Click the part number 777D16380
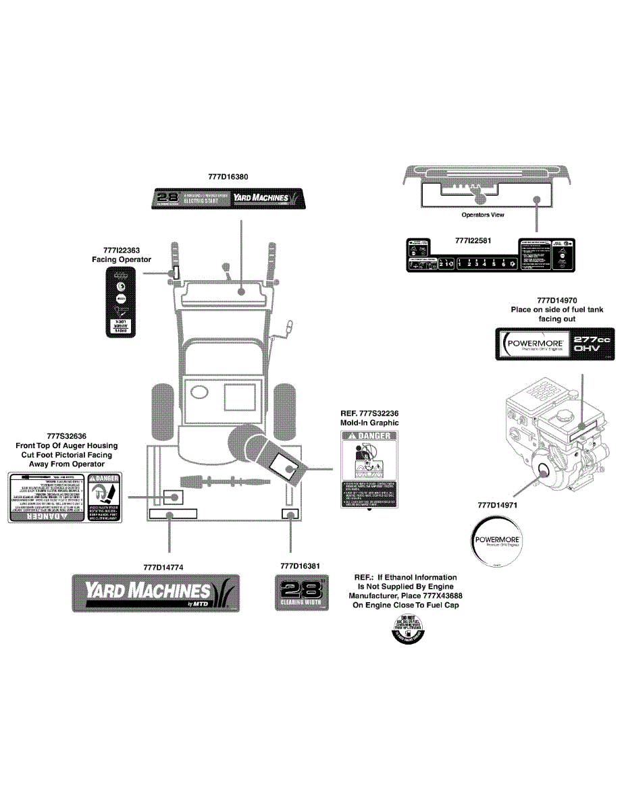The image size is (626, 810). pos(228,177)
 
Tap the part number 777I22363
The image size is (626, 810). pos(122,250)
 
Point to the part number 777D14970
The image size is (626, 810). pos(557,300)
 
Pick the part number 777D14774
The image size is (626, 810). pos(163,566)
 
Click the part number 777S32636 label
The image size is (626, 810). pos(66,436)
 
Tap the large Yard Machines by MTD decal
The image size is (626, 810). pos(156,593)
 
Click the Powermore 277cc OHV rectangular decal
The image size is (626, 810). pos(556,345)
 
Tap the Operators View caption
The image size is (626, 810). pos(483,215)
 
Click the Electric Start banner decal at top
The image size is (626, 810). pos(228,199)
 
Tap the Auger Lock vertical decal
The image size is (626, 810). pos(122,301)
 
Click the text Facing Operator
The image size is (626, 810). pos(122,259)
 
